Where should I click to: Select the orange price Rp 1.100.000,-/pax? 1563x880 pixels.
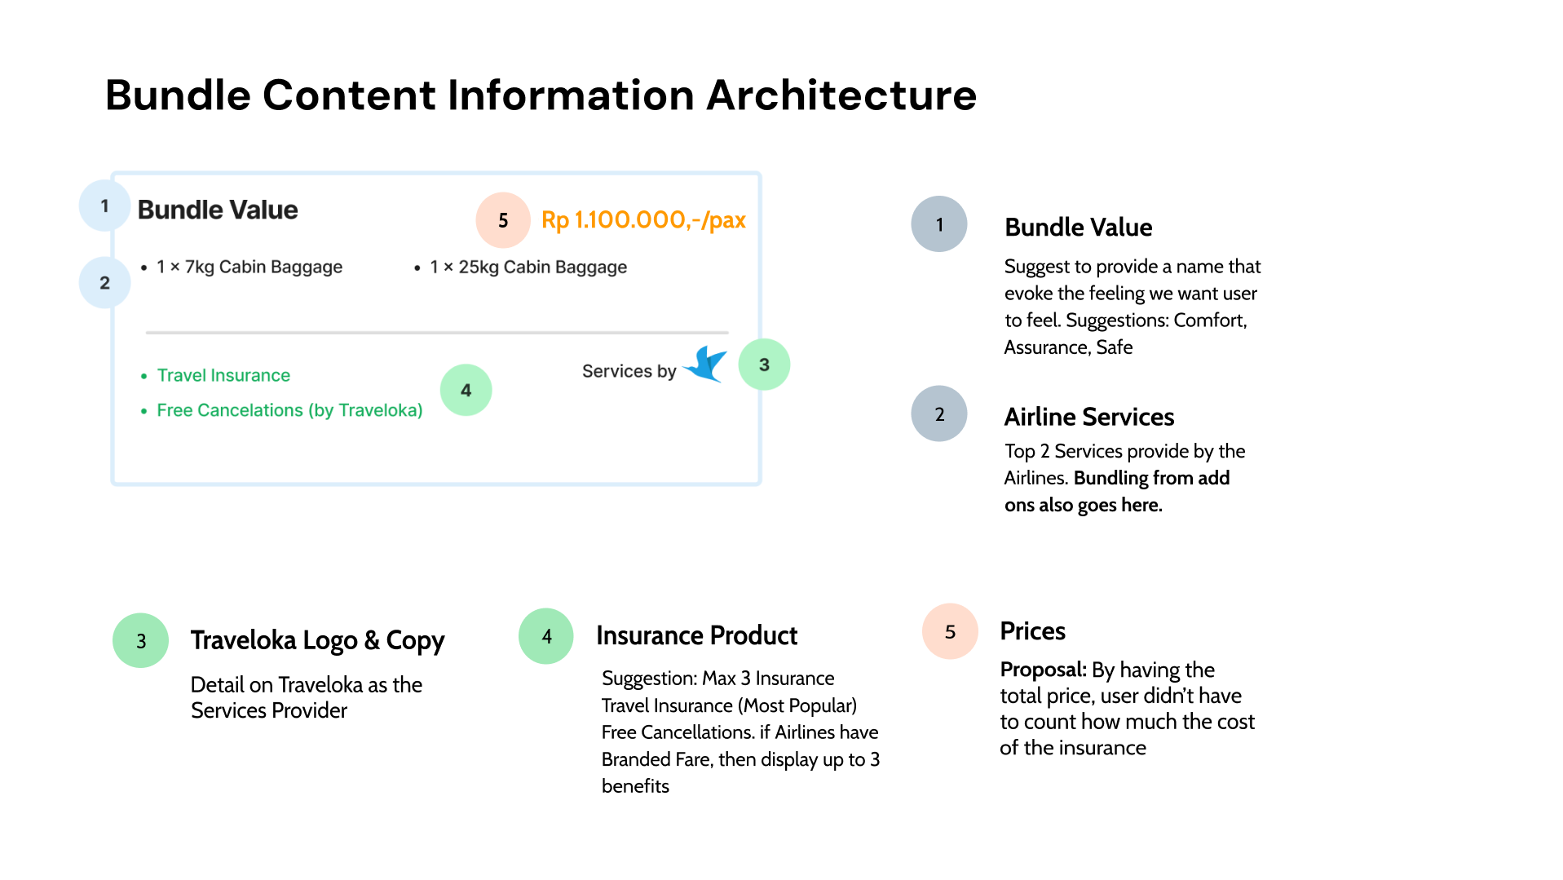click(643, 220)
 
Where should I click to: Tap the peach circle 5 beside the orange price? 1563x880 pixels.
click(503, 220)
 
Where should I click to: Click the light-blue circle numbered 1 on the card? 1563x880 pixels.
click(104, 206)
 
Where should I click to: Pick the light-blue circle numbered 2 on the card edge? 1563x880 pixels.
click(104, 283)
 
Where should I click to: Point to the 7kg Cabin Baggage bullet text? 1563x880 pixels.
click(249, 268)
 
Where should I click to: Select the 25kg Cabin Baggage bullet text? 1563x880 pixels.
click(528, 268)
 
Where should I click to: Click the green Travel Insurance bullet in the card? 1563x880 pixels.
click(223, 375)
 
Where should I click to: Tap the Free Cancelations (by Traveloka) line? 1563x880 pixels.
click(289, 410)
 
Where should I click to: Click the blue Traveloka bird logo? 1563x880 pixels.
click(706, 365)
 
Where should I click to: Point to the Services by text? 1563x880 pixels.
click(629, 372)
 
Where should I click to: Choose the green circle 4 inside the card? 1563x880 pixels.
click(466, 390)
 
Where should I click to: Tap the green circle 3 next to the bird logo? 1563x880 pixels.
click(764, 365)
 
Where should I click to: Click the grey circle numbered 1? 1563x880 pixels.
click(939, 224)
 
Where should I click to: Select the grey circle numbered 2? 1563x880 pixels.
click(939, 414)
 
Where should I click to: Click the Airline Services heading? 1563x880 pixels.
click(1088, 417)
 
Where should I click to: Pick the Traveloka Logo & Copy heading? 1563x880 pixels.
click(317, 640)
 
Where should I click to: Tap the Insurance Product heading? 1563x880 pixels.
click(696, 635)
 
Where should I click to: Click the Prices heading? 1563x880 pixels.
click(1032, 631)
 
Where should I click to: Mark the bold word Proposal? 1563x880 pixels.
click(1043, 670)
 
